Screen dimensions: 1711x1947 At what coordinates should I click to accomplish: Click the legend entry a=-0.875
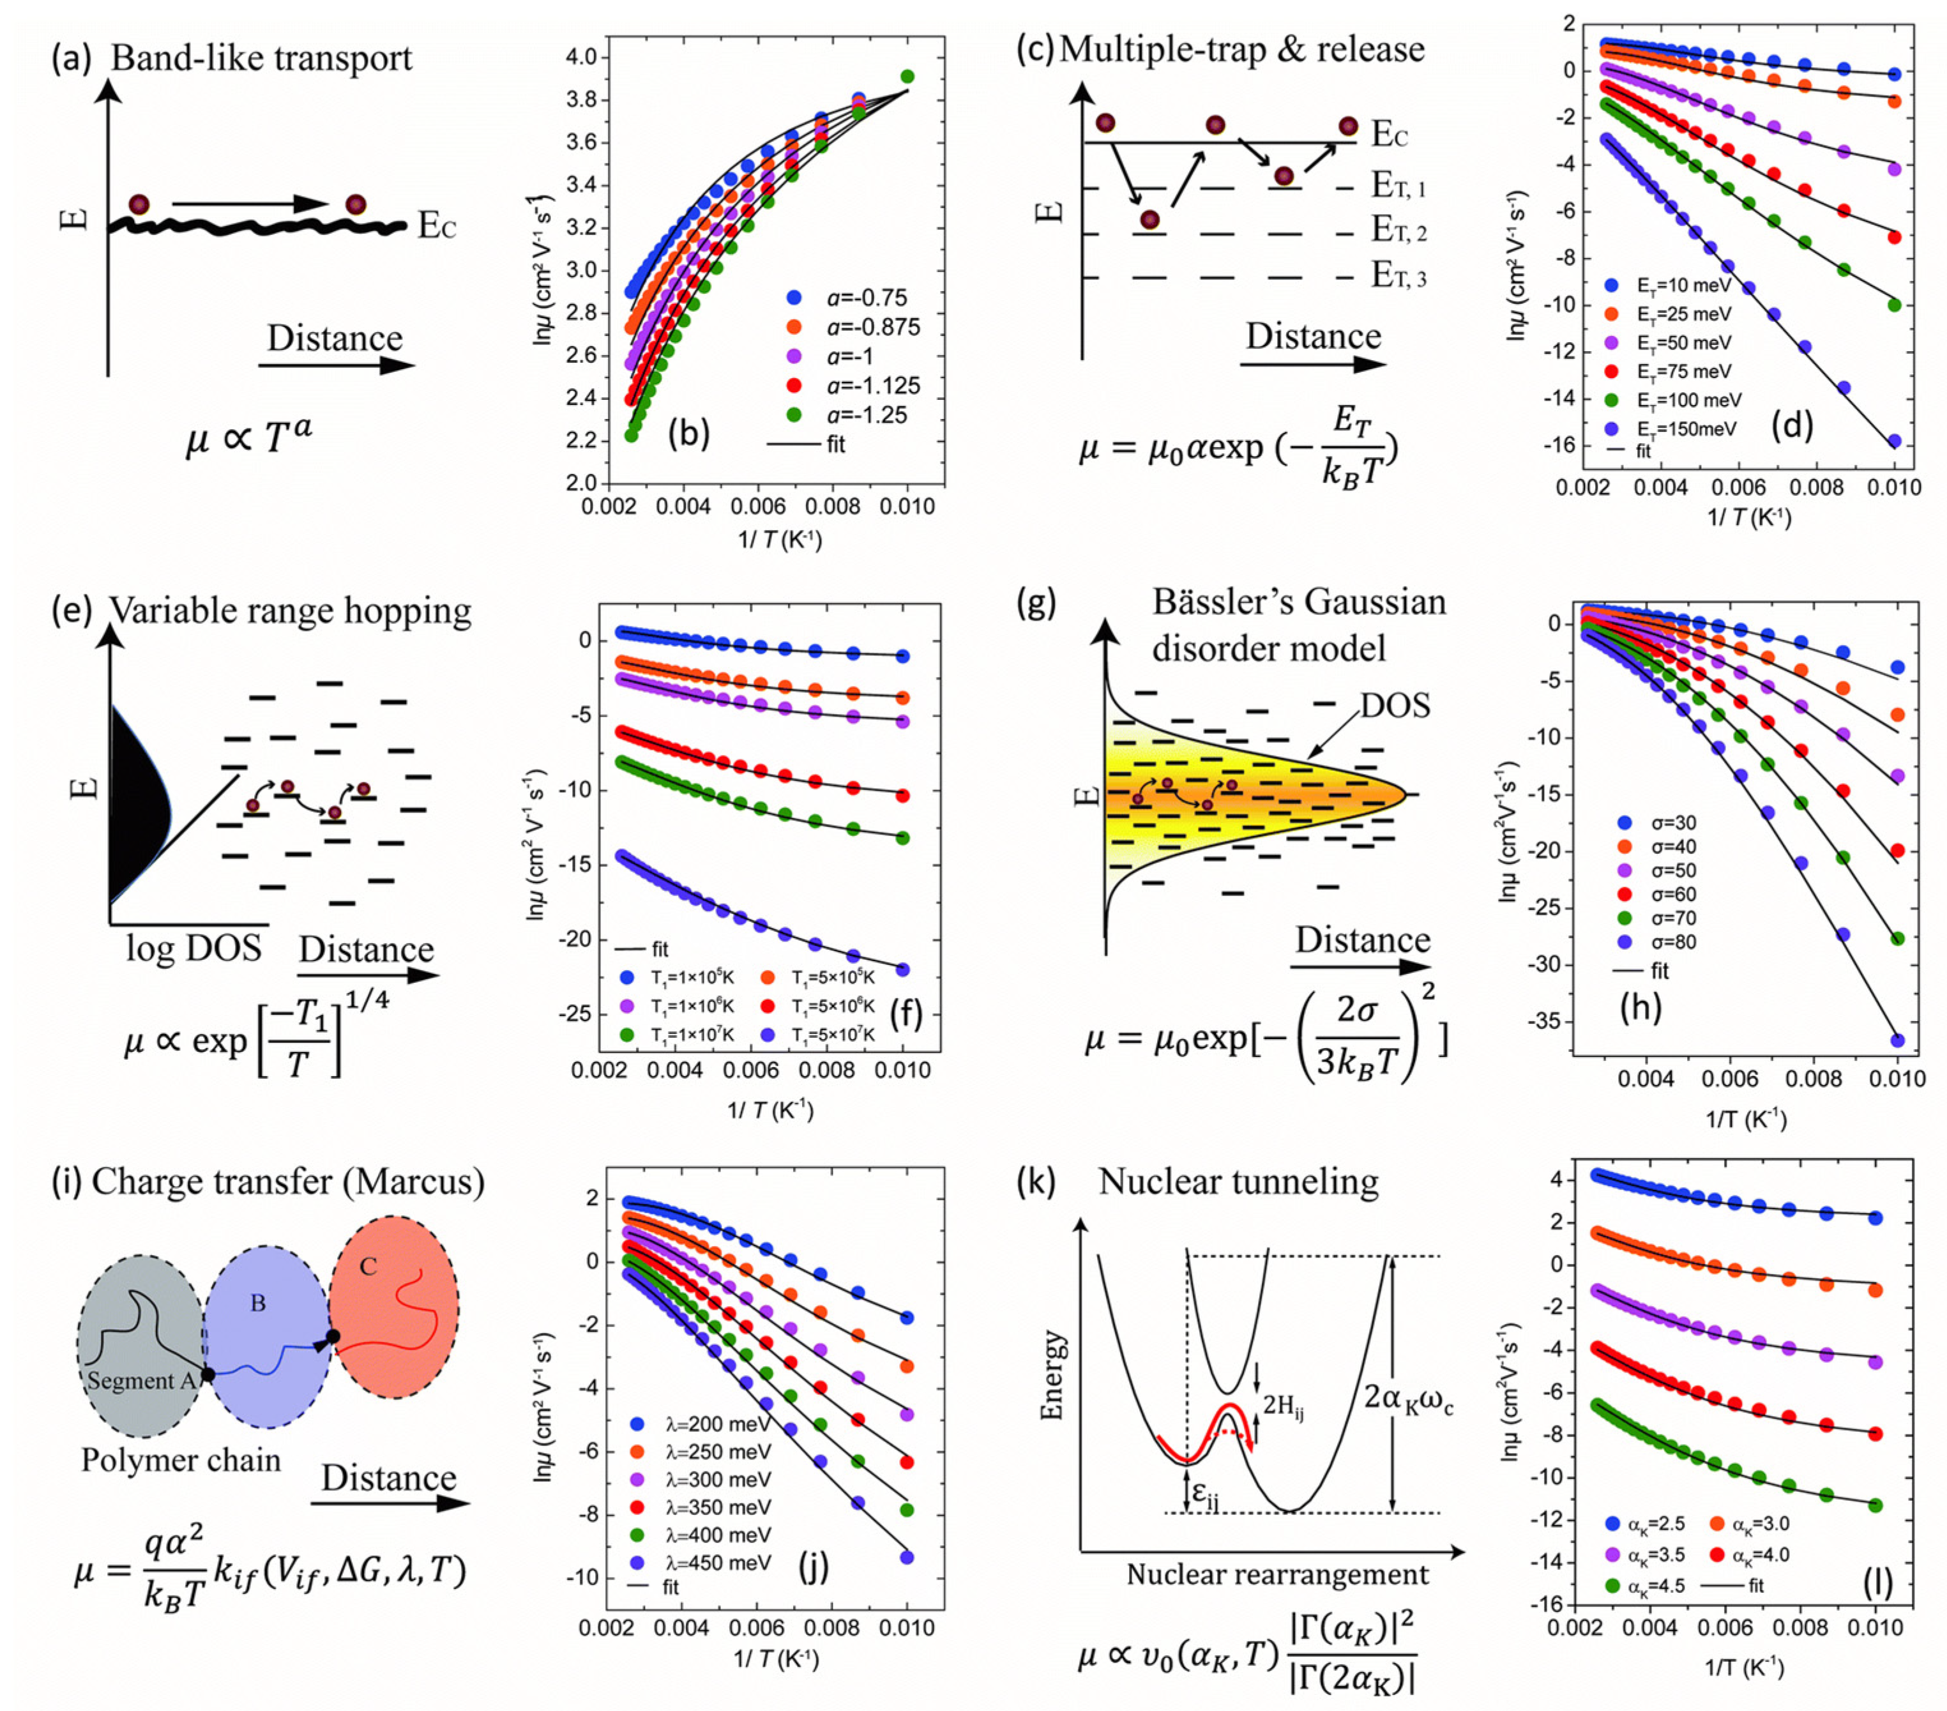click(x=858, y=327)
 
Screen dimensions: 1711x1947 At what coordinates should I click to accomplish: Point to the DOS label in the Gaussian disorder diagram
click(x=1395, y=705)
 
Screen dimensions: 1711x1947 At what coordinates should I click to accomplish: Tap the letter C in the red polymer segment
click(x=368, y=1266)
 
